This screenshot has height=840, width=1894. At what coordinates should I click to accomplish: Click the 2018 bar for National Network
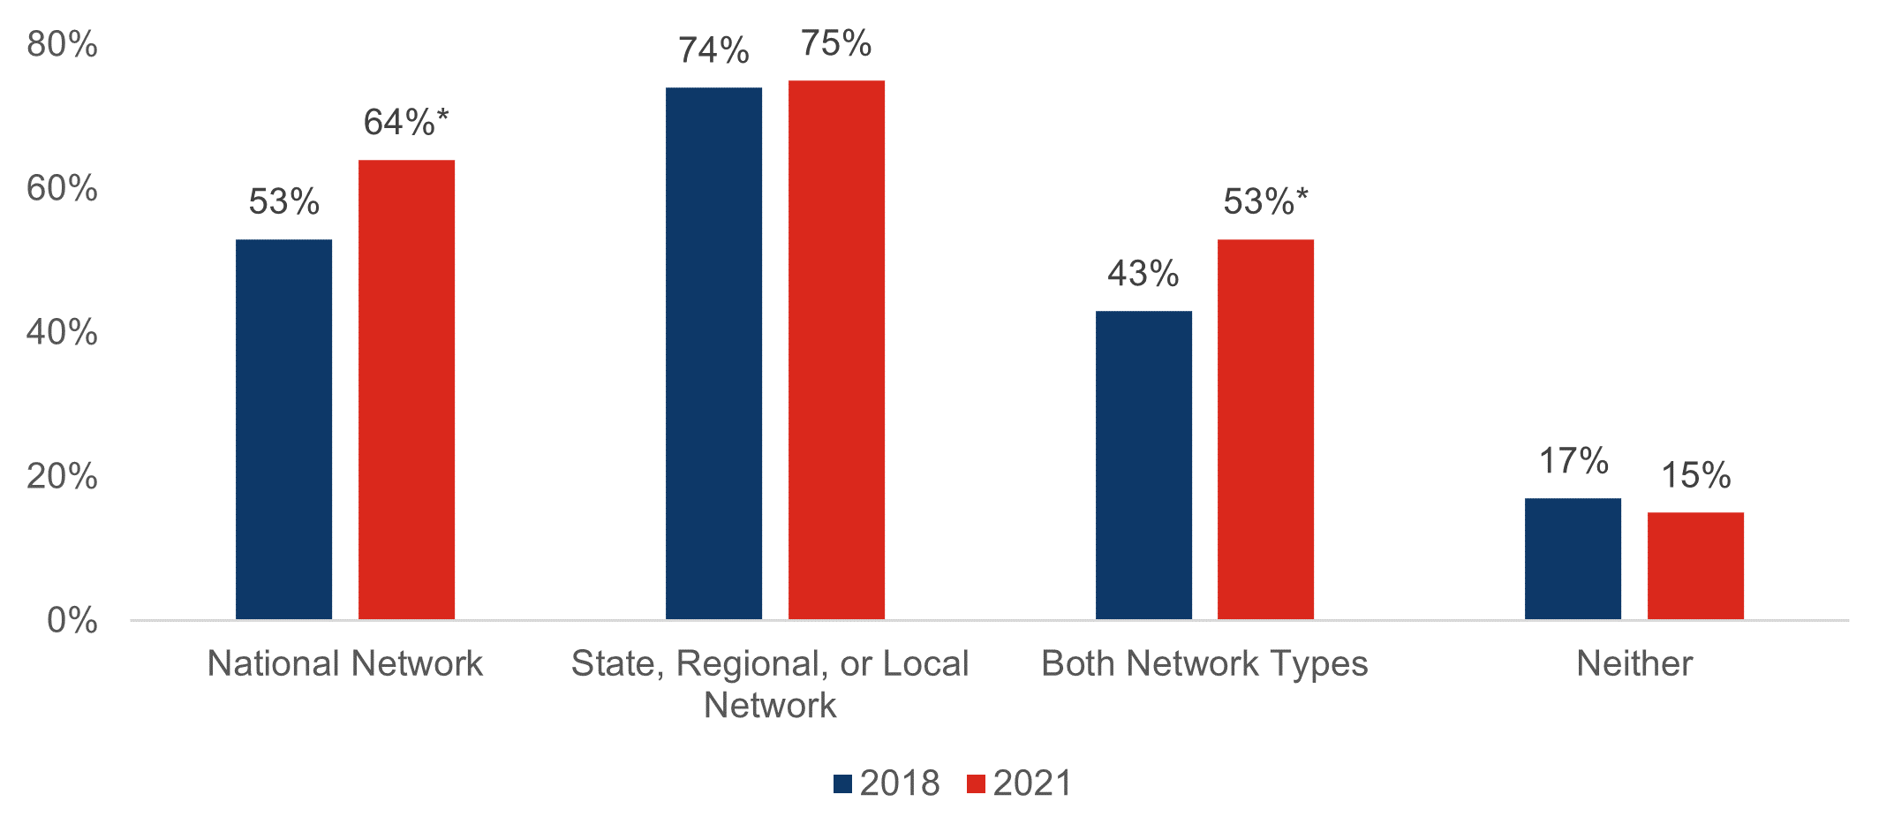(283, 429)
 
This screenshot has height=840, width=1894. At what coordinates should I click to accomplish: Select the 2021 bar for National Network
(406, 390)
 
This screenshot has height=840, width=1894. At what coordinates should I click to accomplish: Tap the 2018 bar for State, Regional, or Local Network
(713, 353)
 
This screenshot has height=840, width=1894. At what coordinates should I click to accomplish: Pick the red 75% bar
(836, 350)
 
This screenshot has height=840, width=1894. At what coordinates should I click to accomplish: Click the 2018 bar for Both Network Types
(1143, 465)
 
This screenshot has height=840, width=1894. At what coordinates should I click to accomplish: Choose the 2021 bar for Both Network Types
(1265, 429)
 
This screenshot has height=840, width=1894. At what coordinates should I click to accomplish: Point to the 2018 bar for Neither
(1573, 559)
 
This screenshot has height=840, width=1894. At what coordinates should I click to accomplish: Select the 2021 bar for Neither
(1695, 566)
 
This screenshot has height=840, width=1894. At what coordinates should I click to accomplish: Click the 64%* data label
(406, 123)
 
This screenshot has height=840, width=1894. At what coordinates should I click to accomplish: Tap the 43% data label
(1143, 274)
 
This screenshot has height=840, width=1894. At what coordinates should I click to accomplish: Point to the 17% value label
(1573, 461)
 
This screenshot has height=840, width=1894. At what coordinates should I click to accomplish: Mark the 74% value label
(713, 50)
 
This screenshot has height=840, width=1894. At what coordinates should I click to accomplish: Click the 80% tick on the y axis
(62, 44)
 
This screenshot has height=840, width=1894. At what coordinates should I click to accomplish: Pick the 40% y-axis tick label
(62, 332)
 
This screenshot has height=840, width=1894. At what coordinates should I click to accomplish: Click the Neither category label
(1634, 663)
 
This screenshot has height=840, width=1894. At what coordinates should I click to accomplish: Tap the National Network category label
(345, 663)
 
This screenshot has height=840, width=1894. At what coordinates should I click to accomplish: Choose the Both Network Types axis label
(1204, 663)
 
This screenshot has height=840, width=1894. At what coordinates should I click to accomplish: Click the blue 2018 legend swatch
(842, 783)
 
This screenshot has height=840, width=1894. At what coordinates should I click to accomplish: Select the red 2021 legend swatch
(976, 783)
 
